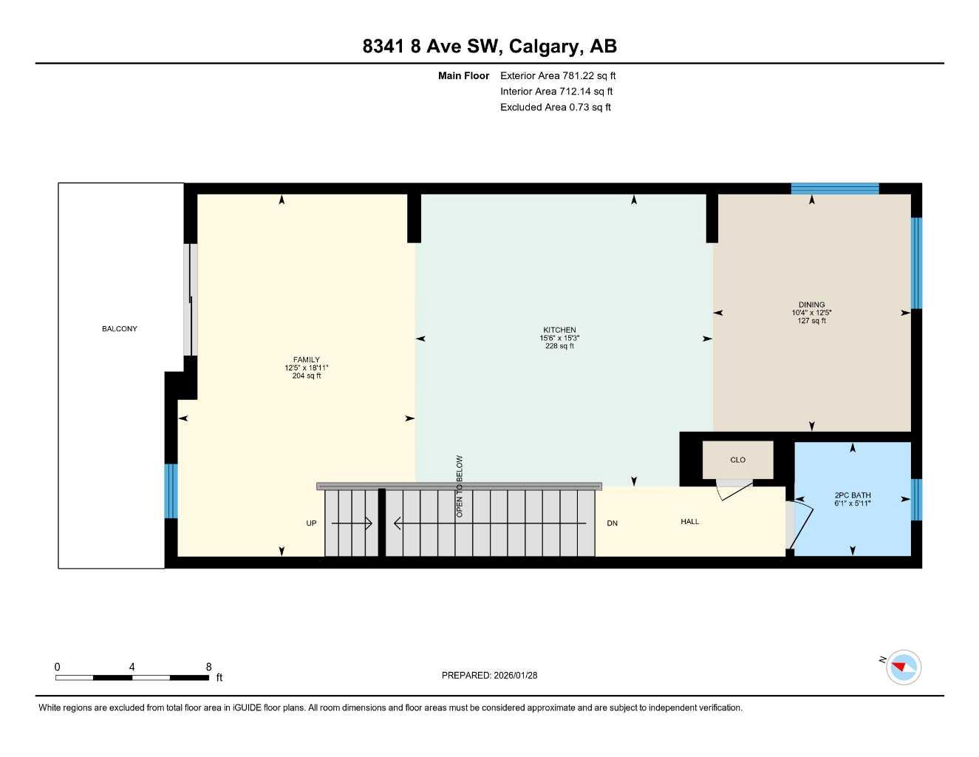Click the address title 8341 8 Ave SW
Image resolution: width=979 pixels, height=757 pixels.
click(489, 47)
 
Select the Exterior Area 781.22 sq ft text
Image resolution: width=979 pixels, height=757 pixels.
click(557, 75)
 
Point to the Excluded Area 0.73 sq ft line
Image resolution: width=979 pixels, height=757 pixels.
click(555, 107)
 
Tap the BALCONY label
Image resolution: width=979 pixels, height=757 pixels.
click(120, 329)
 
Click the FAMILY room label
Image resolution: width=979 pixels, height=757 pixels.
click(306, 360)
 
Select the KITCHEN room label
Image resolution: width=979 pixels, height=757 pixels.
click(559, 330)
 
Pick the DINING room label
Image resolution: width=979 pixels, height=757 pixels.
click(811, 305)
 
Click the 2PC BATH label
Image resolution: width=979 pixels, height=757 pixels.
click(852, 495)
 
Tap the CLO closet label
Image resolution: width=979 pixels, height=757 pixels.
click(737, 460)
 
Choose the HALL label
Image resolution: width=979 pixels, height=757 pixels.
click(689, 522)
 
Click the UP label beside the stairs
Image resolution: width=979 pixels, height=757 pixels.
click(311, 523)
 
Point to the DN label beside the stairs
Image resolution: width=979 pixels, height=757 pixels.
click(612, 523)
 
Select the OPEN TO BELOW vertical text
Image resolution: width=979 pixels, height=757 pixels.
click(460, 486)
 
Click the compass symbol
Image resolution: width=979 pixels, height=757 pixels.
click(903, 668)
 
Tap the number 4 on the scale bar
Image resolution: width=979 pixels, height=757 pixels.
click(132, 667)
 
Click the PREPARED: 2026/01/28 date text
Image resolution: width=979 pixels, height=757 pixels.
click(489, 675)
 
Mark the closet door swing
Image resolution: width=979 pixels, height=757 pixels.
click(733, 489)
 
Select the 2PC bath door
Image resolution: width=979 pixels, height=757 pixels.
click(791, 526)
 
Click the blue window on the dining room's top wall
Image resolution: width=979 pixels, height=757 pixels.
click(835, 189)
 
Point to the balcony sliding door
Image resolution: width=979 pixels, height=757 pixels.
click(191, 299)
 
